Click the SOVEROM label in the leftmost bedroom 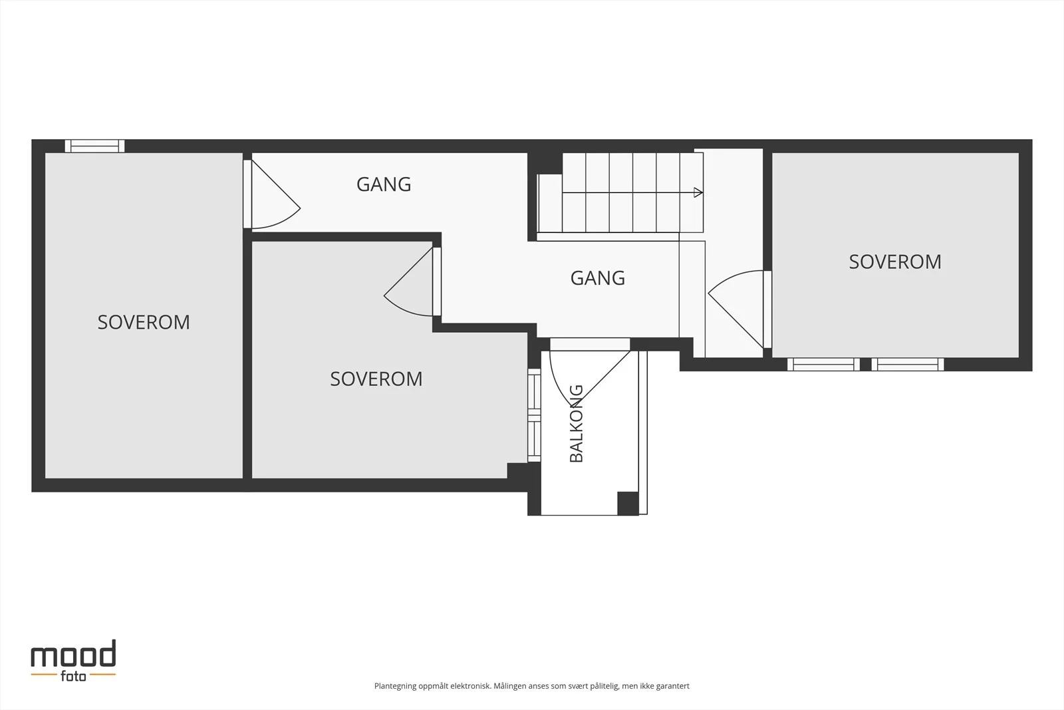click(x=144, y=322)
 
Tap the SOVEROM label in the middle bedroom click(x=376, y=379)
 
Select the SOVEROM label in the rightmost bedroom click(x=895, y=262)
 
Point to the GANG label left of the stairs click(x=384, y=184)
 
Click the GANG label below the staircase click(x=598, y=278)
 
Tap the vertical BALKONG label click(x=576, y=423)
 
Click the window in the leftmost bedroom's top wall click(x=94, y=146)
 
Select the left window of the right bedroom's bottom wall click(x=824, y=365)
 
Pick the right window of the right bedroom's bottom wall click(x=908, y=365)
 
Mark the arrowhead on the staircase click(x=698, y=192)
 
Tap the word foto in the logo click(x=73, y=676)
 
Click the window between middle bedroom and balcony click(x=535, y=415)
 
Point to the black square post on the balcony click(x=628, y=503)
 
